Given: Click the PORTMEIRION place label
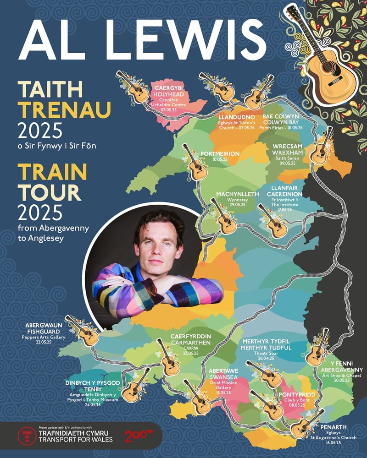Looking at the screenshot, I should [220, 154].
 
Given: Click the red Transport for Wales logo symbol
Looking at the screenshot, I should [27, 436].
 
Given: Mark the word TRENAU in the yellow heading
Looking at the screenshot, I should [51, 109].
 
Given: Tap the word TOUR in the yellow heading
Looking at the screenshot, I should [49, 192].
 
